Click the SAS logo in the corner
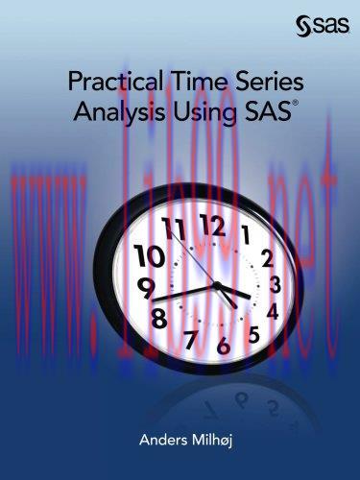click(x=325, y=26)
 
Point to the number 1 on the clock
click(x=246, y=233)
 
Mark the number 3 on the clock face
click(x=276, y=284)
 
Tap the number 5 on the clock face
click(x=253, y=334)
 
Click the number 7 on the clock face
click(x=190, y=340)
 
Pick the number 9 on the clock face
click(x=146, y=286)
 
